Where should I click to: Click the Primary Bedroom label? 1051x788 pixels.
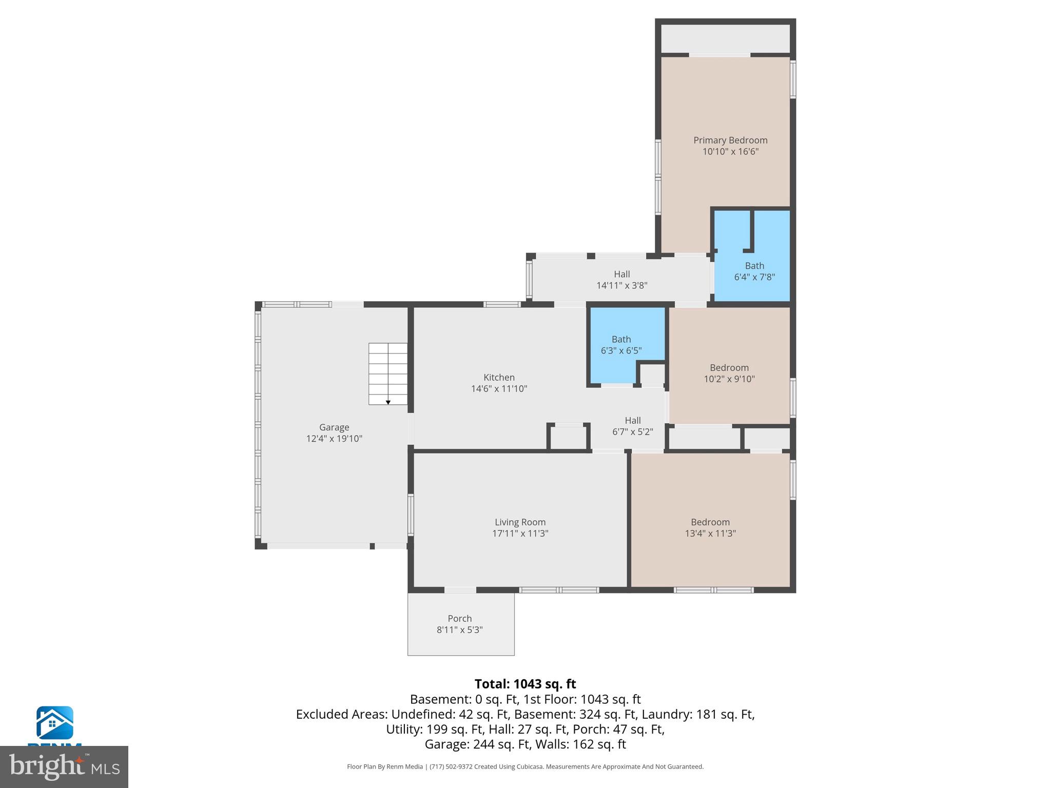click(x=730, y=140)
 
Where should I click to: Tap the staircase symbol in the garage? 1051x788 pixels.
click(x=388, y=373)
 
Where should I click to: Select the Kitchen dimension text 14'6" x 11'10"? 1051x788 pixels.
click(x=499, y=389)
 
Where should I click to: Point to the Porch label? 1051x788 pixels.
click(x=459, y=618)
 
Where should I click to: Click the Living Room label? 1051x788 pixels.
click(x=520, y=522)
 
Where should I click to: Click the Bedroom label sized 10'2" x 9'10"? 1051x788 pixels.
click(x=729, y=367)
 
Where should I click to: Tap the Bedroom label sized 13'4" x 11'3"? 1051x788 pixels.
click(x=710, y=522)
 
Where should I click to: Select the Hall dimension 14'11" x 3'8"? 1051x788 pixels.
click(x=621, y=285)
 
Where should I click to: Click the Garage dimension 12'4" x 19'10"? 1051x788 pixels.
click(x=334, y=439)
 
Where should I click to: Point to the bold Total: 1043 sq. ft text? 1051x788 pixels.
click(x=525, y=684)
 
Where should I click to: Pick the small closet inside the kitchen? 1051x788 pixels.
click(x=568, y=438)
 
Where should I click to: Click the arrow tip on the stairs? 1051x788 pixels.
click(x=388, y=403)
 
